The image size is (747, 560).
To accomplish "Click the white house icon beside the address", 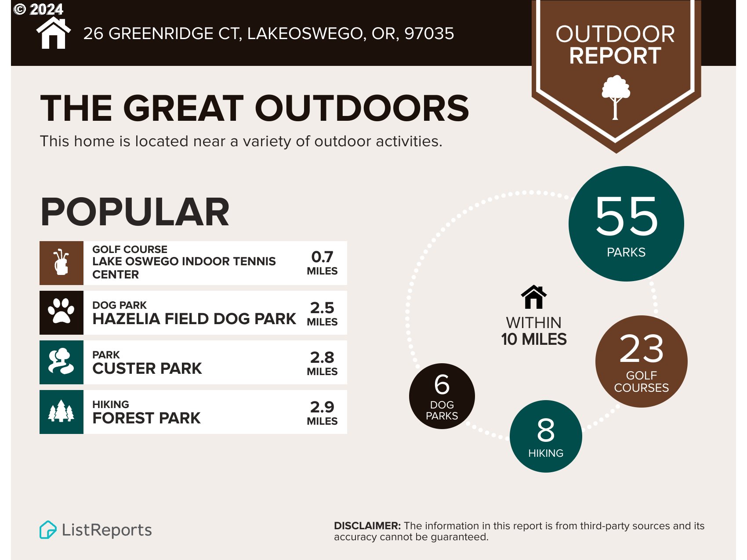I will pyautogui.click(x=53, y=34).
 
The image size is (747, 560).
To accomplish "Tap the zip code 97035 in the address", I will pyautogui.click(x=429, y=33).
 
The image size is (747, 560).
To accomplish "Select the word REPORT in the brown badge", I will pyautogui.click(x=615, y=56).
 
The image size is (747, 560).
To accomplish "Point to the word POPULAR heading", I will pyautogui.click(x=135, y=212).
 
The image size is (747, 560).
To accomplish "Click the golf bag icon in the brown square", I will pyautogui.click(x=61, y=263).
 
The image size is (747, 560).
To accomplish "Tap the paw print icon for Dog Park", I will pyautogui.click(x=61, y=311).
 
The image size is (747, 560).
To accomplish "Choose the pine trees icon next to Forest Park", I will pyautogui.click(x=61, y=412).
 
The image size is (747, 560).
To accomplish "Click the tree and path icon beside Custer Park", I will pyautogui.click(x=61, y=361).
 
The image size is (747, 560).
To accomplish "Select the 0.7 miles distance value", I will pyautogui.click(x=322, y=257).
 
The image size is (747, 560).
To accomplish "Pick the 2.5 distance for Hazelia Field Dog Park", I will pyautogui.click(x=322, y=307).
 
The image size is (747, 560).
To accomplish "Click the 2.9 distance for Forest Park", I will pyautogui.click(x=322, y=407).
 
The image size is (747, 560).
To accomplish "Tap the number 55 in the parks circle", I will pyautogui.click(x=626, y=216).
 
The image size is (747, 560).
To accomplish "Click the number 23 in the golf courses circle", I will pyautogui.click(x=641, y=349).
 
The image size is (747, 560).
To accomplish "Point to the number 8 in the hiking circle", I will pyautogui.click(x=545, y=430).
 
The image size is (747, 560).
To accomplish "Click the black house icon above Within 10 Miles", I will pyautogui.click(x=533, y=297).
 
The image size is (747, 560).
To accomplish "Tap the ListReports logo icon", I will pyautogui.click(x=48, y=530).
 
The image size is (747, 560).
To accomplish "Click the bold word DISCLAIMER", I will pyautogui.click(x=367, y=526).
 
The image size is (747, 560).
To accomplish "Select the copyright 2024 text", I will pyautogui.click(x=39, y=9).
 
